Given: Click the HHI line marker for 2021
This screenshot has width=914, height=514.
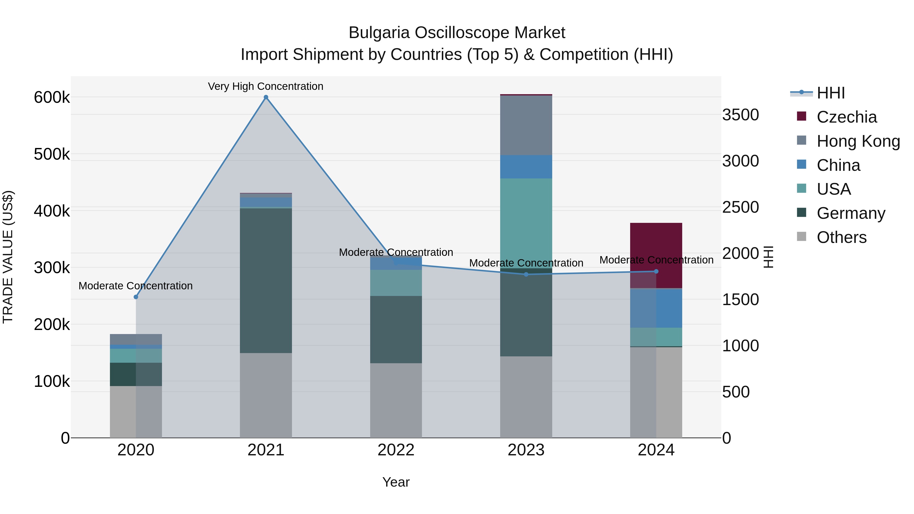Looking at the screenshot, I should tap(266, 97).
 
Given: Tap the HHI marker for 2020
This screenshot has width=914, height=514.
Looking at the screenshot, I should tap(136, 297).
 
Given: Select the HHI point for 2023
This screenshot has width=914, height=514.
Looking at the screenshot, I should tap(526, 274).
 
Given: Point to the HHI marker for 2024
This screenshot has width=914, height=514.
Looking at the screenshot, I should tap(656, 271).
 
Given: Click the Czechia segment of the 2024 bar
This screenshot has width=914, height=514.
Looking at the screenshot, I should tap(656, 255).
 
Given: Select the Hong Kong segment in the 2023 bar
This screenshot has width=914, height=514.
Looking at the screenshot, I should tap(526, 125).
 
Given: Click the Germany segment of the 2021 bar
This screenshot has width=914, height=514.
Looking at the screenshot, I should tap(266, 280).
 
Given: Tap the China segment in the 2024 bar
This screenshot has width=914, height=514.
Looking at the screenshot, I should tap(656, 308).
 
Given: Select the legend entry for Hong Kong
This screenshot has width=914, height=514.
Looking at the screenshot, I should tap(858, 141).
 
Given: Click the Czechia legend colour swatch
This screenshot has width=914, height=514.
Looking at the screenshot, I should tap(802, 116).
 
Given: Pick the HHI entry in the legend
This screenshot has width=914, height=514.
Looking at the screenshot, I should tap(830, 93).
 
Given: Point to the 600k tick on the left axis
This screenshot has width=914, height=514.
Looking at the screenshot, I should tap(52, 97).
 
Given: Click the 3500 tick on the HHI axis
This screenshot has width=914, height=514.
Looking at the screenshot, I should tap(741, 115).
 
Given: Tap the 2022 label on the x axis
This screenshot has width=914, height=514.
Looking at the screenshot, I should tap(396, 450).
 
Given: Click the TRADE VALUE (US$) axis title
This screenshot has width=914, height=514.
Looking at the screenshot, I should tap(8, 257).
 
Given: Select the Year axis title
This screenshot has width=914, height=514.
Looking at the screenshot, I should tap(396, 482).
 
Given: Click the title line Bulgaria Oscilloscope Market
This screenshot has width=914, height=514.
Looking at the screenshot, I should tap(457, 33).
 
